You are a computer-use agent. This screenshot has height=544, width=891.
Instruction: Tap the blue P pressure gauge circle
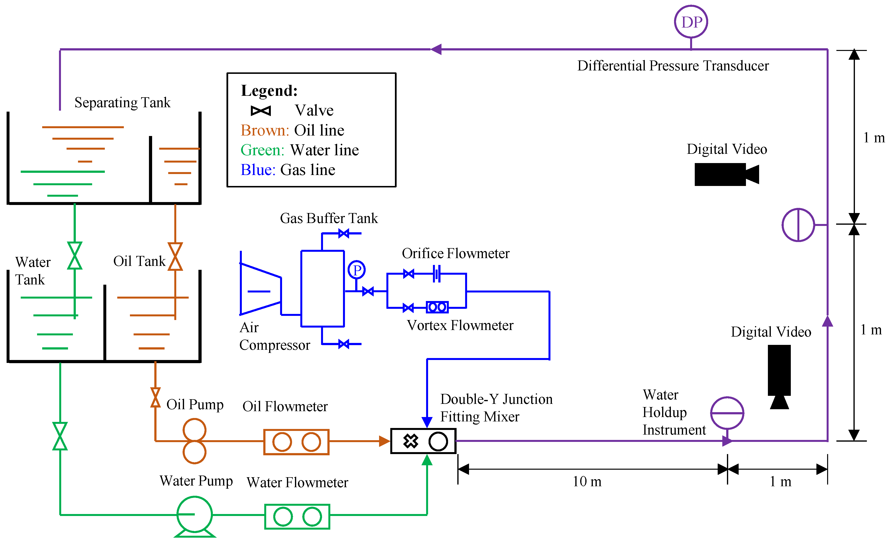coord(357,270)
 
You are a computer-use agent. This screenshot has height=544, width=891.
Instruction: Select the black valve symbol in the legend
coord(261,111)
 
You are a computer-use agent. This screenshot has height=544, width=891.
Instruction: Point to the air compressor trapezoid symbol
coord(260,289)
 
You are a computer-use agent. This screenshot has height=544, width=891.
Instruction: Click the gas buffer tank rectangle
coord(323,288)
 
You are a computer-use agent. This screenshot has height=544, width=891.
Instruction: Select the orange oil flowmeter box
coord(296,442)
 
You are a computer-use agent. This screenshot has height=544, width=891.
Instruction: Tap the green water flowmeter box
coord(297,516)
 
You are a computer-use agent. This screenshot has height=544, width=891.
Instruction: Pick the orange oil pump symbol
coord(195,441)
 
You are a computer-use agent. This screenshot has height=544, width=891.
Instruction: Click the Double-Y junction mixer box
coord(423,441)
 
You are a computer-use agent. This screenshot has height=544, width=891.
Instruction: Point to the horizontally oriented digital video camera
coord(726,174)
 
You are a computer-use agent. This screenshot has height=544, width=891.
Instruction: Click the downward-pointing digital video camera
coord(779,376)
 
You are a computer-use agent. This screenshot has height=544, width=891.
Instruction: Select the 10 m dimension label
coord(587,481)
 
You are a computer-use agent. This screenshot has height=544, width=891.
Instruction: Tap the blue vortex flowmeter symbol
coord(437,307)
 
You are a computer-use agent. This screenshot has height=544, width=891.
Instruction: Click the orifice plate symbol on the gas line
coord(437,274)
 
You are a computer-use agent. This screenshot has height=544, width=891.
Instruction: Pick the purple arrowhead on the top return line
coord(436,49)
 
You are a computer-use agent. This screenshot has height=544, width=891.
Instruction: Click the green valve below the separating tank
coord(75,256)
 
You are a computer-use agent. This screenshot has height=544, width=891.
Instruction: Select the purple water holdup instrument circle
coord(727,413)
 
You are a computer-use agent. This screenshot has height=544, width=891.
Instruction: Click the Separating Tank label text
coord(122,103)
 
